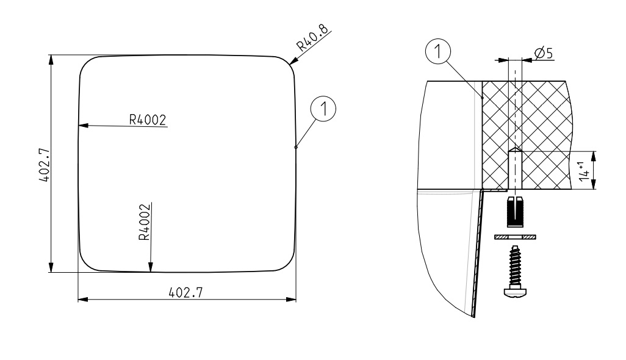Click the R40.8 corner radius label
coord(313,37)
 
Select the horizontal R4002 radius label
coord(147,120)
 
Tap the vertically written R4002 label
coord(145,222)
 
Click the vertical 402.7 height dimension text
coord(45,165)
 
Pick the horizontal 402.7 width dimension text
coord(185,292)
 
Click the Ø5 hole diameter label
coord(544,52)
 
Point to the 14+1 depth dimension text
coord(585,171)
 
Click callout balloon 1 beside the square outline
coord(323,109)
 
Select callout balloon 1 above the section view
coord(438,51)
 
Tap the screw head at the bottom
coord(515,292)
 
